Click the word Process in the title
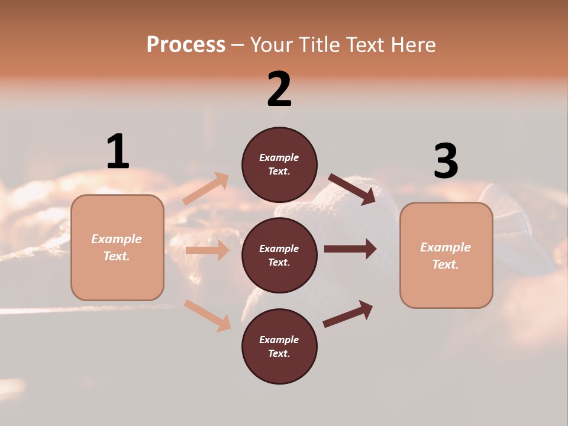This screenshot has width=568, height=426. pyautogui.click(x=186, y=45)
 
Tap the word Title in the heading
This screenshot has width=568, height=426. pyautogui.click(x=317, y=45)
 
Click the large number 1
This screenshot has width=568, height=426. pyautogui.click(x=118, y=151)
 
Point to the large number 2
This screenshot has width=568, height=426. pyautogui.click(x=279, y=89)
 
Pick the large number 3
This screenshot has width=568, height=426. pyautogui.click(x=446, y=161)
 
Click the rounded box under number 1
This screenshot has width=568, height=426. pyautogui.click(x=117, y=247)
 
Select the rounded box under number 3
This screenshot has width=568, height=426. pyautogui.click(x=446, y=255)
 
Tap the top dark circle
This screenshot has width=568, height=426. pyautogui.click(x=279, y=164)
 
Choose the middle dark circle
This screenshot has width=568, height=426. pyautogui.click(x=279, y=255)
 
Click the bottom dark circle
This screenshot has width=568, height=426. pyautogui.click(x=279, y=346)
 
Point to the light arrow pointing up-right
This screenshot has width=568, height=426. pyautogui.click(x=206, y=188)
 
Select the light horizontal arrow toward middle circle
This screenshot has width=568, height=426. pyautogui.click(x=207, y=250)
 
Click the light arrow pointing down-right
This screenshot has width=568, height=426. pyautogui.click(x=207, y=315)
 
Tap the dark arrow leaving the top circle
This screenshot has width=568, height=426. pyautogui.click(x=352, y=189)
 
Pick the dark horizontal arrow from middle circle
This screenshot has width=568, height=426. pyautogui.click(x=350, y=248)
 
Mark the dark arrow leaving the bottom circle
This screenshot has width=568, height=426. pyautogui.click(x=348, y=314)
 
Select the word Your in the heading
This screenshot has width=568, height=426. pyautogui.click(x=270, y=45)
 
